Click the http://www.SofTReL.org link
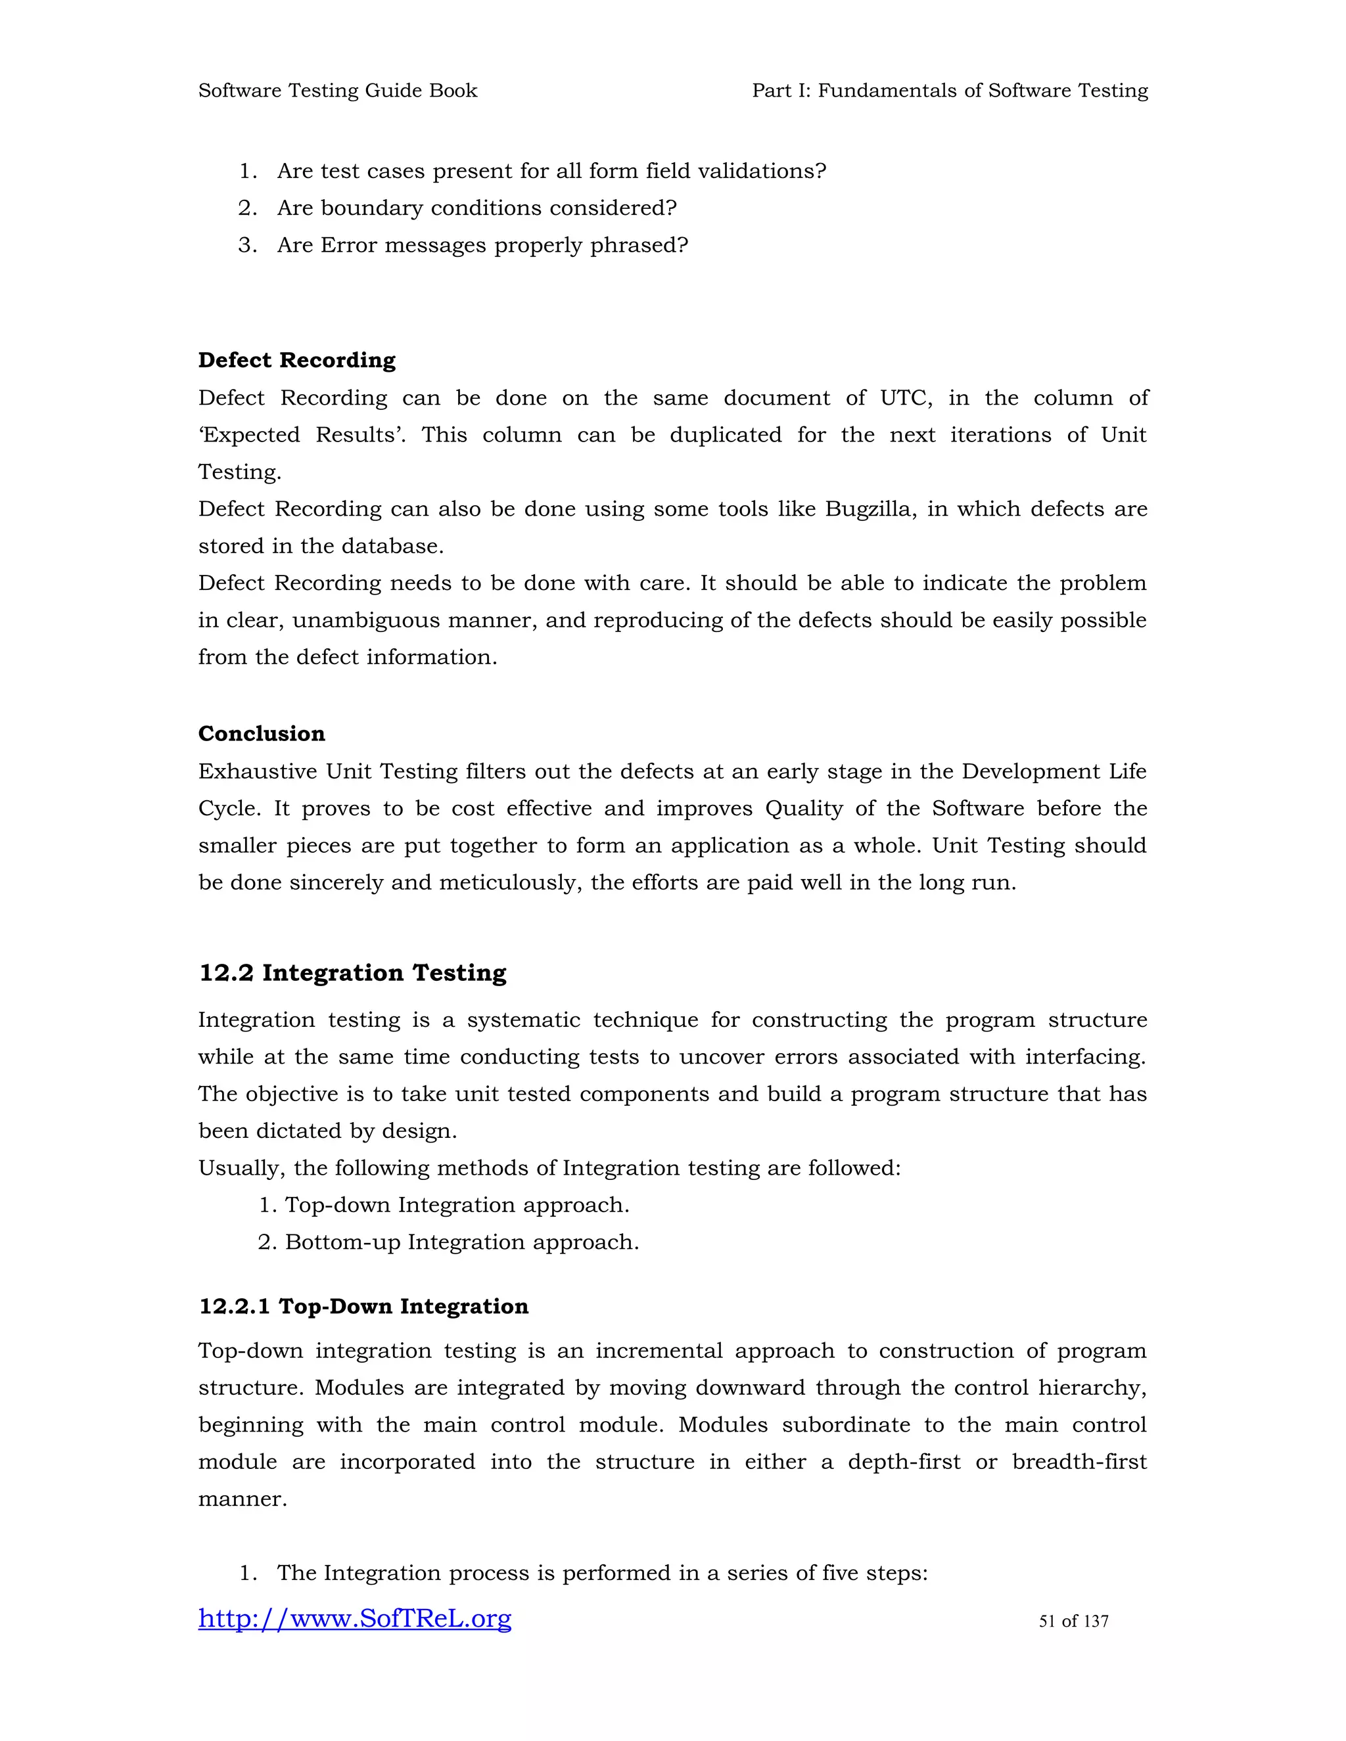(x=355, y=1618)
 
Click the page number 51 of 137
(x=1073, y=1621)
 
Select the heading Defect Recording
(x=296, y=360)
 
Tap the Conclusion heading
(x=262, y=733)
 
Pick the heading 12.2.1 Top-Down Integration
(x=363, y=1307)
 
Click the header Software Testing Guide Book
(x=337, y=91)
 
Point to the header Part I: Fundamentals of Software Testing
(x=950, y=91)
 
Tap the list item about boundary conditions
(x=476, y=208)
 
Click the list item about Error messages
(x=482, y=246)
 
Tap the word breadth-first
(x=1079, y=1462)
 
